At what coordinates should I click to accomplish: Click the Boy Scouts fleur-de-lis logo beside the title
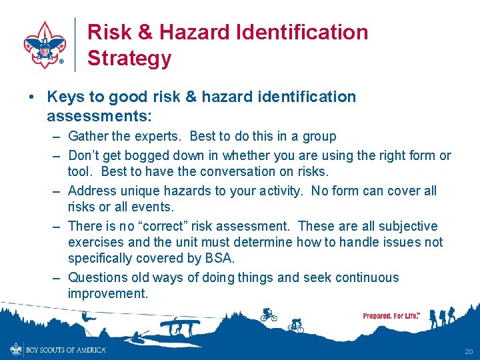pyautogui.click(x=45, y=45)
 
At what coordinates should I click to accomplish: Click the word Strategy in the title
pyautogui.click(x=129, y=58)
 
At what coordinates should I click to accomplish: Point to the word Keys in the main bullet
pyautogui.click(x=65, y=97)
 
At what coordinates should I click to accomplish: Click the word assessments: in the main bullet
pyautogui.click(x=99, y=117)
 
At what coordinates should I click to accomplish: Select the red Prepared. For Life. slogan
pyautogui.click(x=391, y=315)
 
